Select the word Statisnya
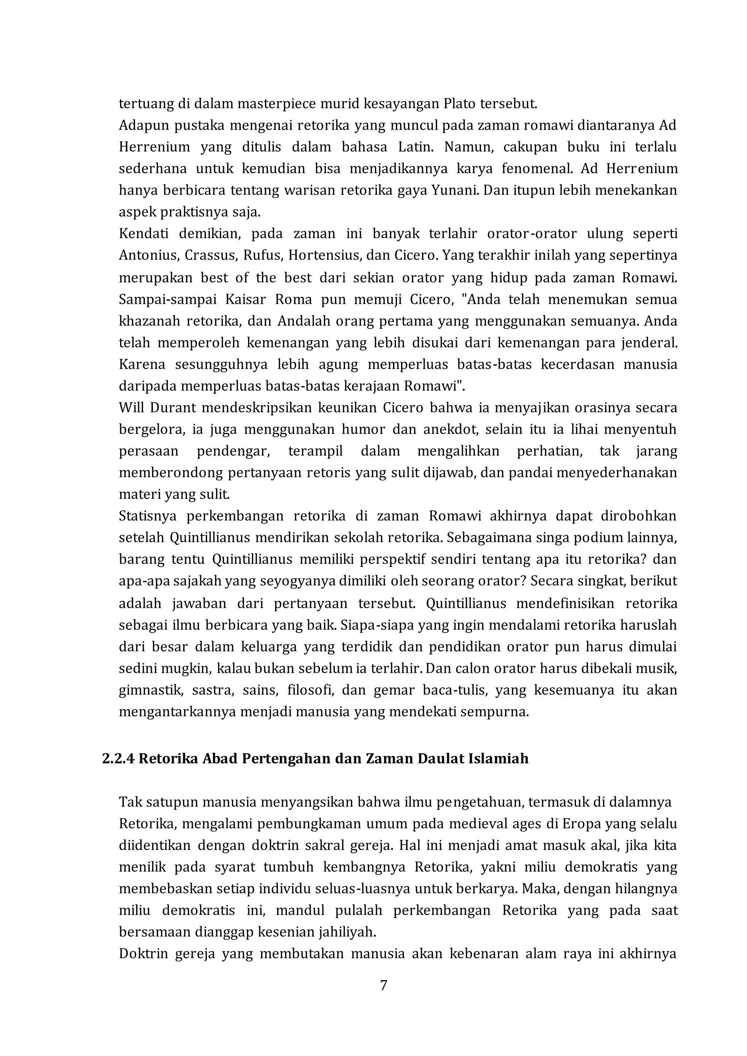point(148,516)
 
